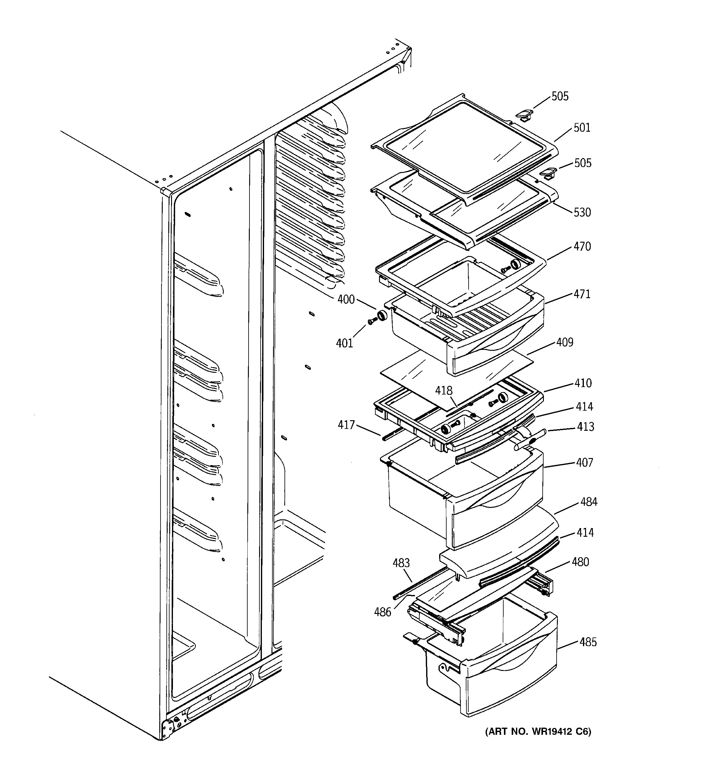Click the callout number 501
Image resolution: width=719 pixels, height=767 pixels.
pyautogui.click(x=582, y=128)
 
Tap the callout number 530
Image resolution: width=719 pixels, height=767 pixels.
pyautogui.click(x=582, y=212)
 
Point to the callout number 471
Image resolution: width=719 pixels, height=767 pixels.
pyautogui.click(x=582, y=294)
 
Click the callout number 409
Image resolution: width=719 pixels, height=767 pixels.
pyautogui.click(x=565, y=342)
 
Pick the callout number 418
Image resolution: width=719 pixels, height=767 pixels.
pyautogui.click(x=443, y=390)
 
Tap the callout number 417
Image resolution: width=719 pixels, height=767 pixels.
pyautogui.click(x=346, y=425)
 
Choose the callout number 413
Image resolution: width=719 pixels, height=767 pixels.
pyautogui.click(x=585, y=427)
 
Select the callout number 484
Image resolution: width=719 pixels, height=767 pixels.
pyautogui.click(x=589, y=502)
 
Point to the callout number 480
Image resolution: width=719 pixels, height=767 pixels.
pyautogui.click(x=580, y=562)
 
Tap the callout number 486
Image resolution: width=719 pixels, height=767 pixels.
pyautogui.click(x=382, y=612)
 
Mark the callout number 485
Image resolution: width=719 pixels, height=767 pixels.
pyautogui.click(x=588, y=642)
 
